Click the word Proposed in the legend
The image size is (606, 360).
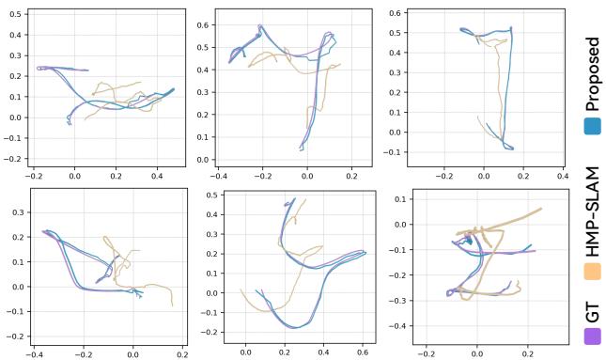591,75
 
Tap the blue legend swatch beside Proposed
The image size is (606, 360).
592,125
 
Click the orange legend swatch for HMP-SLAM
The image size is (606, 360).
592,271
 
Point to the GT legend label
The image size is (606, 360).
591,309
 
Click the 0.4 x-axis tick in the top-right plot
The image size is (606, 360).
562,175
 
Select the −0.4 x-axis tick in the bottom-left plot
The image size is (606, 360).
36,355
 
